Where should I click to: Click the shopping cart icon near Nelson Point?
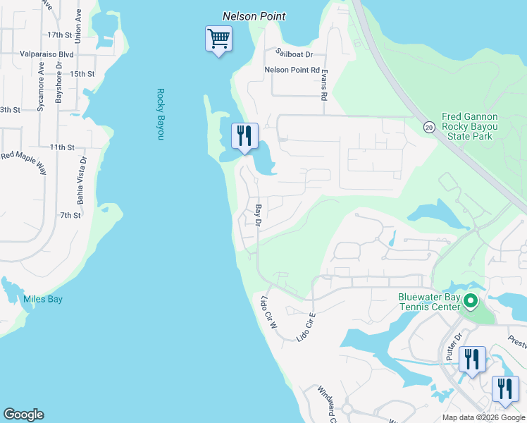pyautogui.click(x=218, y=38)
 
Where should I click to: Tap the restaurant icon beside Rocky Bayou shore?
pyautogui.click(x=244, y=135)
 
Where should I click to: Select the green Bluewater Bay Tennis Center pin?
pyautogui.click(x=471, y=302)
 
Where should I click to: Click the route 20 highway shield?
pyautogui.click(x=428, y=127)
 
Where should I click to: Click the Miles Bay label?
pyautogui.click(x=43, y=300)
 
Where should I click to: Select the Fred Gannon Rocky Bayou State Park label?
pyautogui.click(x=469, y=127)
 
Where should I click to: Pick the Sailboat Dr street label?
pyautogui.click(x=294, y=54)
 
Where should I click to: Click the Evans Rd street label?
pyautogui.click(x=323, y=85)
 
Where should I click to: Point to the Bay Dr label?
pyautogui.click(x=259, y=215)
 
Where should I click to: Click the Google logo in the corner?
pyautogui.click(x=23, y=415)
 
